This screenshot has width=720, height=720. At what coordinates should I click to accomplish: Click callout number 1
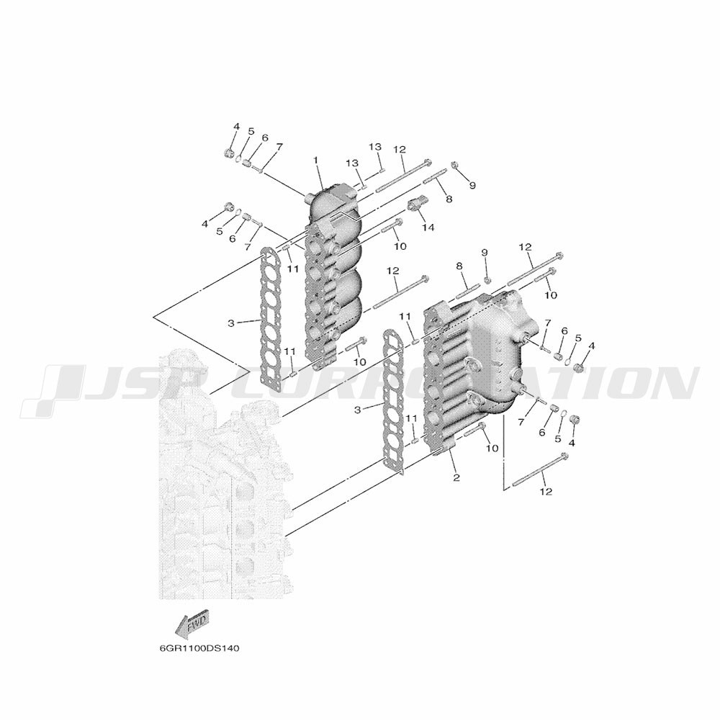(315, 159)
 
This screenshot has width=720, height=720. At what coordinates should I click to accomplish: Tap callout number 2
(456, 477)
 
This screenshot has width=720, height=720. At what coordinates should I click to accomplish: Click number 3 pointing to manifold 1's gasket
(231, 323)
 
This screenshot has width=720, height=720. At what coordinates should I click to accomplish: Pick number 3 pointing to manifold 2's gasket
(358, 410)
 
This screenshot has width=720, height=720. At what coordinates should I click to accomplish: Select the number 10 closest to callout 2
(492, 448)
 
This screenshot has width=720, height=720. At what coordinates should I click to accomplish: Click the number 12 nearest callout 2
(546, 492)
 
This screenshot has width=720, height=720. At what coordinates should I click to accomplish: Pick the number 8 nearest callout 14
(449, 199)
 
